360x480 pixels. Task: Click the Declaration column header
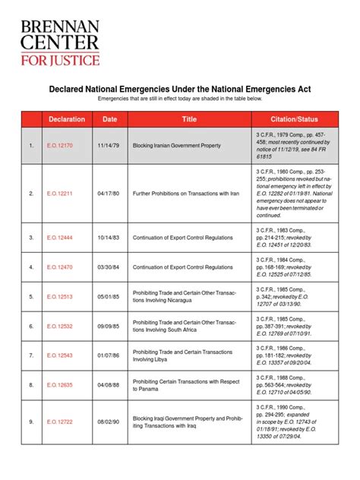[x=67, y=119]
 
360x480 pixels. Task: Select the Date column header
[x=110, y=119]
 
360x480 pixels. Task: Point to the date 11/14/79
[x=109, y=145]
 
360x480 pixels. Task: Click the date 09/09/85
[x=109, y=326]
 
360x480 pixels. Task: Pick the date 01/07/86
[x=109, y=355]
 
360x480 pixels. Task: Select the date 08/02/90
[x=109, y=422]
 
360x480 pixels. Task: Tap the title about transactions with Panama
[x=186, y=385]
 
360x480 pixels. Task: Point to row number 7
[x=31, y=355]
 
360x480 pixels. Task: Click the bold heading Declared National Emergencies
[x=180, y=89]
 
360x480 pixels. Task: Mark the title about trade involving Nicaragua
[x=186, y=296]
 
